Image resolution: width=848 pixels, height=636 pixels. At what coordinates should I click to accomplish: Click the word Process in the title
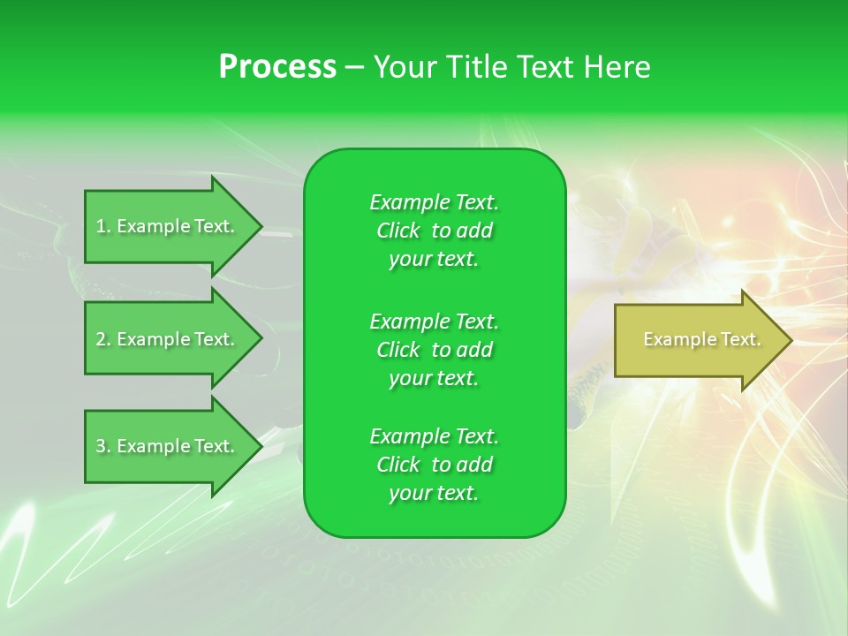[277, 67]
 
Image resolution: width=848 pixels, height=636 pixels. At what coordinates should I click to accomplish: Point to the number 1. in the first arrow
[103, 226]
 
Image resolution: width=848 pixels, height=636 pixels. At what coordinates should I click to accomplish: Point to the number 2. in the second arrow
[103, 339]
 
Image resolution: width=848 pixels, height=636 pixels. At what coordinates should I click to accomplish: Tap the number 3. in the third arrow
[103, 446]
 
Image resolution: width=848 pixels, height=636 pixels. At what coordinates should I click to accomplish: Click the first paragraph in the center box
[434, 231]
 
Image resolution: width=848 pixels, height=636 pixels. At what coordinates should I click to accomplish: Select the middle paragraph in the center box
[434, 350]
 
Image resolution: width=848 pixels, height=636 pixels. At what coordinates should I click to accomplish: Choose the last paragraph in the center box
[434, 465]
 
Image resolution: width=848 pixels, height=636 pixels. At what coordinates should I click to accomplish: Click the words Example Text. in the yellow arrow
[702, 339]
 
